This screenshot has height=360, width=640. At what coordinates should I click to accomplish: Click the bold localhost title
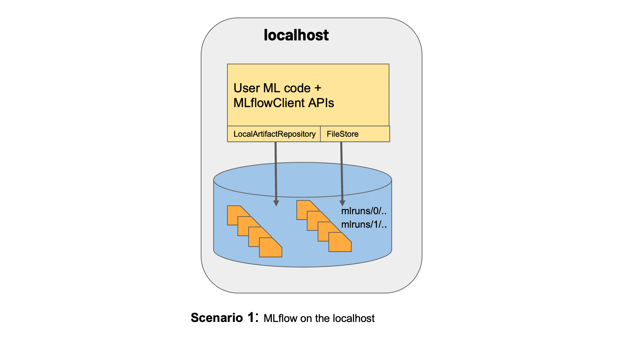pyautogui.click(x=296, y=35)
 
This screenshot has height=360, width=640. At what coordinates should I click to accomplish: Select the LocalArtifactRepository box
pyautogui.click(x=274, y=134)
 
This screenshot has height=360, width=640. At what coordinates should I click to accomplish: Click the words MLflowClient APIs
pyautogui.click(x=284, y=103)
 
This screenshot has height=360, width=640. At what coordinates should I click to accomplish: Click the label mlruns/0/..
pyautogui.click(x=363, y=211)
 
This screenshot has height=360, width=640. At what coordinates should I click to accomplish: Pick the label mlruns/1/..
pyautogui.click(x=363, y=225)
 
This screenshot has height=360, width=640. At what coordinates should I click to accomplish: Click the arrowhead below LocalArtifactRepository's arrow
pyautogui.click(x=276, y=203)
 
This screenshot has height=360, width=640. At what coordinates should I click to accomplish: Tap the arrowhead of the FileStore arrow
pyautogui.click(x=342, y=203)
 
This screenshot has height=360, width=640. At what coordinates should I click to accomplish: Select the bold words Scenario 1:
pyautogui.click(x=224, y=318)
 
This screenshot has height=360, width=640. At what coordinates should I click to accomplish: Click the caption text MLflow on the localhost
pyautogui.click(x=319, y=318)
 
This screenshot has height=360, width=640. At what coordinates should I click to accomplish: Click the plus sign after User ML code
pyautogui.click(x=318, y=88)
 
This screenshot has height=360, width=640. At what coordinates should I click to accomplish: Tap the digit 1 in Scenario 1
pyautogui.click(x=251, y=317)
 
